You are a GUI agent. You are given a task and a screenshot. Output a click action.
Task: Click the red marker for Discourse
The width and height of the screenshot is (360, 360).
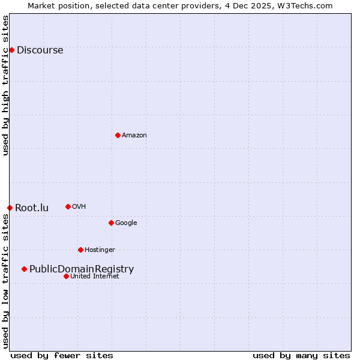[x=11, y=50]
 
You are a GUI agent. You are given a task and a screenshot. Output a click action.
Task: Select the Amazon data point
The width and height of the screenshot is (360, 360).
[x=118, y=135]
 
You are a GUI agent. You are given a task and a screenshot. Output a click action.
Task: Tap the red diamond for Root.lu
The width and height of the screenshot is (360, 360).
[x=10, y=208]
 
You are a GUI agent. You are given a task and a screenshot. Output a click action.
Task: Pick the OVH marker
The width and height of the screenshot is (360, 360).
[x=68, y=206]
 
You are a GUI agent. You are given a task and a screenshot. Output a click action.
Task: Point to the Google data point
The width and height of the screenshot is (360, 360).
[x=111, y=223]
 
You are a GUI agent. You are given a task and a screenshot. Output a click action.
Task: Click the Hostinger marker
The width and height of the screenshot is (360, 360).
[x=80, y=250]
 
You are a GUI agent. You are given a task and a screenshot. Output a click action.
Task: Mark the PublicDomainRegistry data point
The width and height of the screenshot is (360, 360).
[x=24, y=269]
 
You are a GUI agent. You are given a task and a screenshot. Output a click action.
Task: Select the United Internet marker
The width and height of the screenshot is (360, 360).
[x=66, y=276]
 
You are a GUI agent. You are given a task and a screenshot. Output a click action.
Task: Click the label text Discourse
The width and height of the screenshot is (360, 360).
[x=40, y=50]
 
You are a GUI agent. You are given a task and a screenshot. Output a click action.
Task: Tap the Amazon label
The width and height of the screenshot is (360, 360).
[x=134, y=135]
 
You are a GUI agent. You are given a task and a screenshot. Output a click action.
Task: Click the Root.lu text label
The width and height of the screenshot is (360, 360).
[x=32, y=208]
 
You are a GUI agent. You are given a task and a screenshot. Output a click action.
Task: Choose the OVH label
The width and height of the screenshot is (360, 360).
[x=79, y=206]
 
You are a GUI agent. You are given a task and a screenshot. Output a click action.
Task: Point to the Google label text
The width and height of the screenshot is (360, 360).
[x=126, y=223]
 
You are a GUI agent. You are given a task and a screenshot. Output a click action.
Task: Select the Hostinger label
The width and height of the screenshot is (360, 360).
[x=100, y=250]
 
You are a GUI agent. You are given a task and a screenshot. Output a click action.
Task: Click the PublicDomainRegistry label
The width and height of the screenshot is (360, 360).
[x=82, y=269]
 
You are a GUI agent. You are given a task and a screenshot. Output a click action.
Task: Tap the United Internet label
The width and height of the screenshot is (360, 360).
[x=95, y=276]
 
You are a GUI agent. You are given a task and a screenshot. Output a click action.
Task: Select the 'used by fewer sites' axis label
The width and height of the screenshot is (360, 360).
[x=62, y=355]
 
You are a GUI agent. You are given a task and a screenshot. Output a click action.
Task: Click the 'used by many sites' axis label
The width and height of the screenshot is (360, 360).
[x=301, y=355]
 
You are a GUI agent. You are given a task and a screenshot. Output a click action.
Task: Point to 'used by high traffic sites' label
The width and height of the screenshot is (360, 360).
[x=5, y=85]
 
